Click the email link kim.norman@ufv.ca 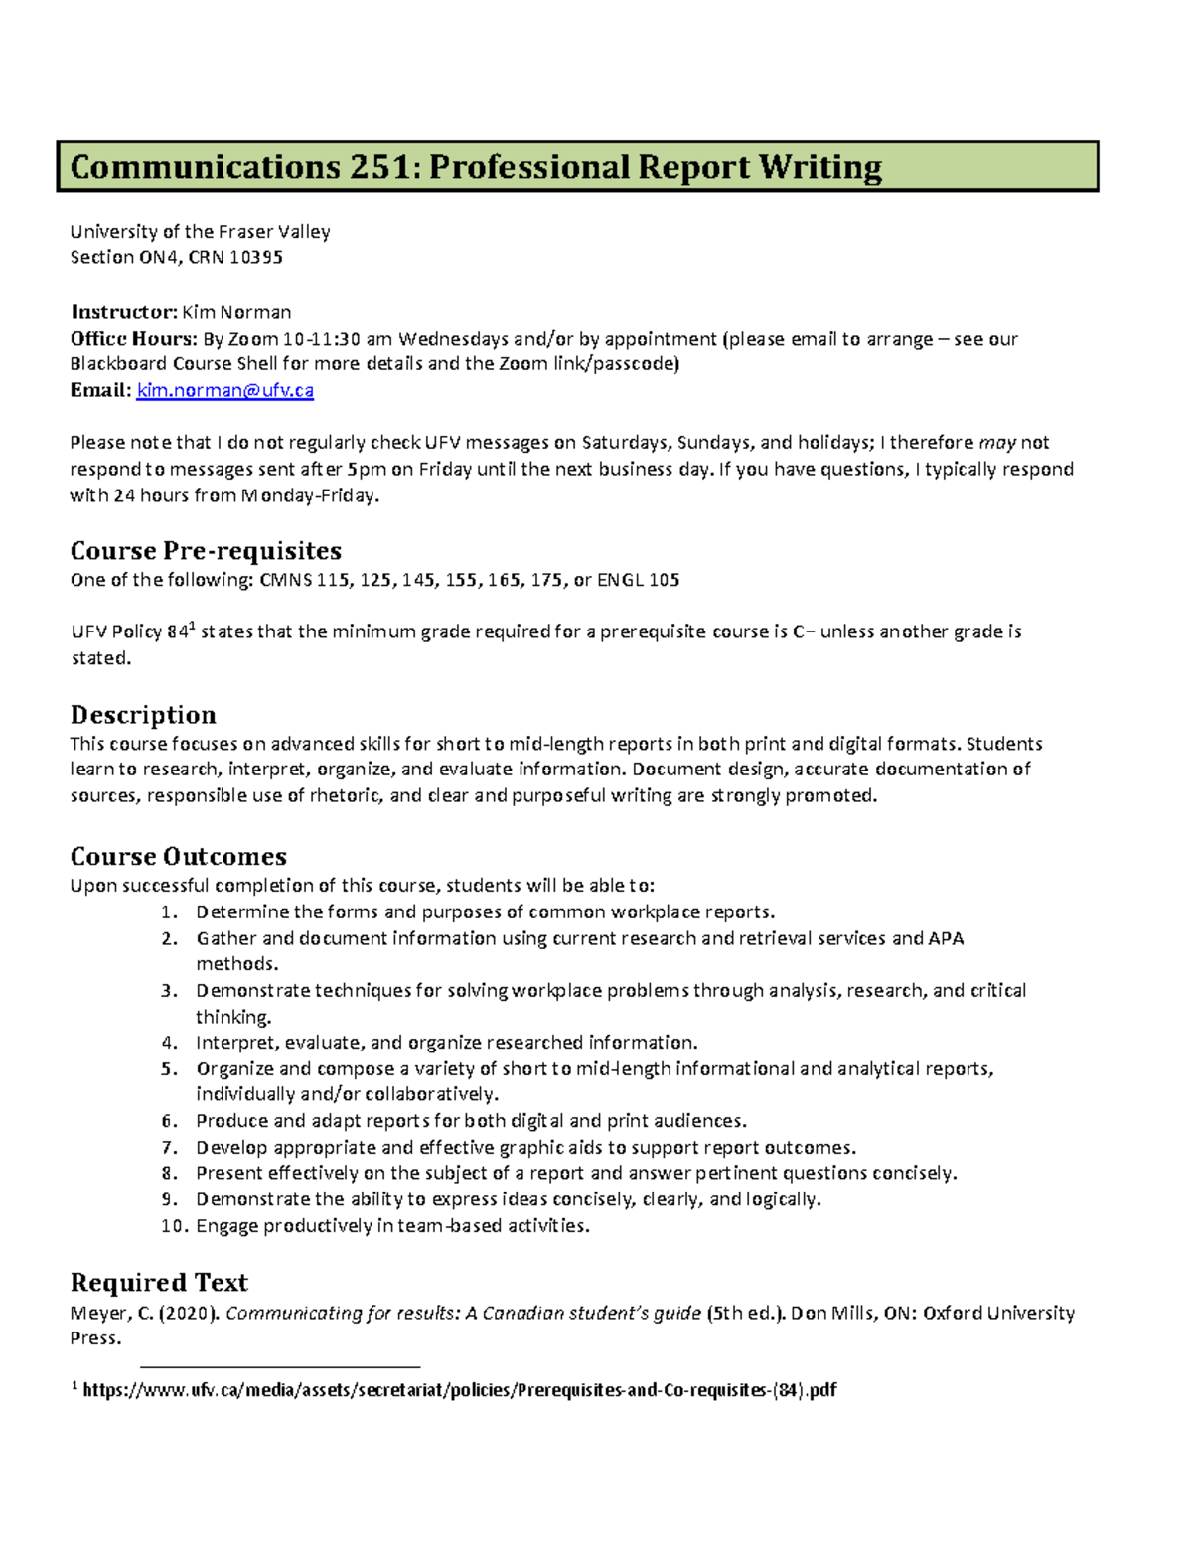coord(224,390)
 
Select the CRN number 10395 coord(256,257)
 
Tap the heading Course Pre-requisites coord(206,551)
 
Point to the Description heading coord(143,715)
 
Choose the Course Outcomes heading coord(179,856)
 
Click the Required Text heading coord(159,1282)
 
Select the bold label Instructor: coord(123,312)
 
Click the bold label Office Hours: coord(133,339)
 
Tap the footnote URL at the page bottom coord(459,1390)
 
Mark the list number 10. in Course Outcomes coord(174,1226)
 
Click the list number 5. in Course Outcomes coord(169,1069)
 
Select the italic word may coord(997,443)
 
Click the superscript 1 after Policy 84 coord(193,627)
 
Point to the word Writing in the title coord(820,167)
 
